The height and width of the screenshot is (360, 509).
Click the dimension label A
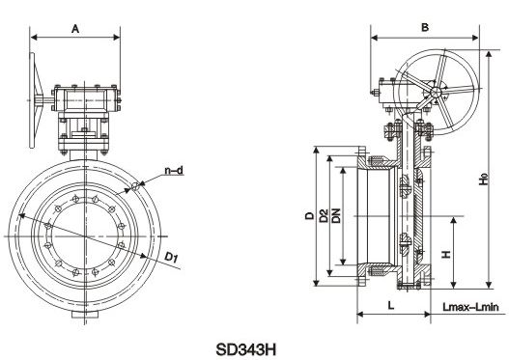pos(75,29)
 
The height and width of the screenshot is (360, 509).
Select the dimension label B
pos(425,28)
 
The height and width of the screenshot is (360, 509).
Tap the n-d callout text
pos(174,170)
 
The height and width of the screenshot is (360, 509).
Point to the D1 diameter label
pos(171,257)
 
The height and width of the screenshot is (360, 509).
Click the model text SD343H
pos(245,349)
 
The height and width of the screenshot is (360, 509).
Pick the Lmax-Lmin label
pos(470,307)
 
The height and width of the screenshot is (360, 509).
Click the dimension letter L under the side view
pos(391,305)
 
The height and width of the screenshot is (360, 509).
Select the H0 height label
pos(484,180)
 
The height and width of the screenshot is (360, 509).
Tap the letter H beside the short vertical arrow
pos(446,254)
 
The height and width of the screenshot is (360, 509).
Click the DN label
pos(336,215)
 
